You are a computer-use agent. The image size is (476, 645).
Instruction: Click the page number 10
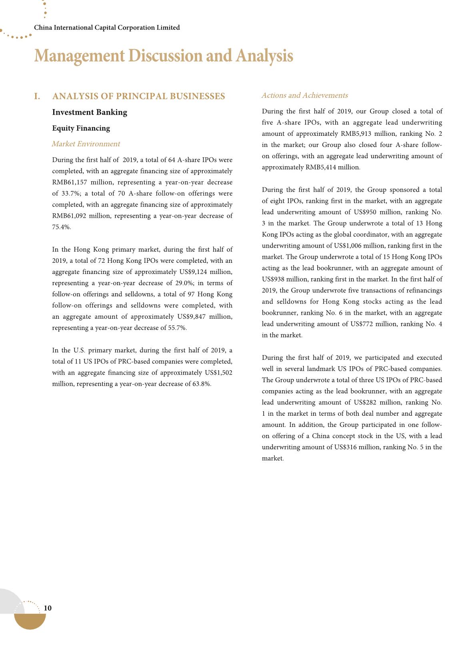click(x=48, y=608)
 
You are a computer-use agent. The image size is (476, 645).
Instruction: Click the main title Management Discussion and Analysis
click(x=164, y=56)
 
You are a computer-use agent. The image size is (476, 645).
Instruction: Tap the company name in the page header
click(x=107, y=28)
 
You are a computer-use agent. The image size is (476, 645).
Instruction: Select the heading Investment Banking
click(x=90, y=112)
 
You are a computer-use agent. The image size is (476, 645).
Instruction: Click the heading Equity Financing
click(x=81, y=128)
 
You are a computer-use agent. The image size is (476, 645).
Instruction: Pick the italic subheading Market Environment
click(x=86, y=144)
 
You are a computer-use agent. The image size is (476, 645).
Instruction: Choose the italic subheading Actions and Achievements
click(x=304, y=95)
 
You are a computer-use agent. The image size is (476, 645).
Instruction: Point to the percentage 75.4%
click(x=61, y=227)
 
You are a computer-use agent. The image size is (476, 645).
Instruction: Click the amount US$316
click(x=348, y=447)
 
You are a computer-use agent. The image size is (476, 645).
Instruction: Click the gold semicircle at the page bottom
click(x=30, y=621)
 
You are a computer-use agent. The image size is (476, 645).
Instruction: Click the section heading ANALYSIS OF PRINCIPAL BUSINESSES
click(x=138, y=96)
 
